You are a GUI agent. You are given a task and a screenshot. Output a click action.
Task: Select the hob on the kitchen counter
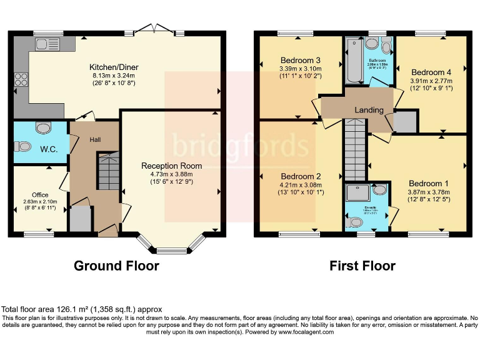(x=21, y=79)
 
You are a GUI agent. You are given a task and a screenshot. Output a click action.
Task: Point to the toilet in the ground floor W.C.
(x=23, y=147)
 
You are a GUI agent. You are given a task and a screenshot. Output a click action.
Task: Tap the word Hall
(x=94, y=139)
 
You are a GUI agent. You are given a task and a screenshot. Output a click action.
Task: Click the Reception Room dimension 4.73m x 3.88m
(x=171, y=174)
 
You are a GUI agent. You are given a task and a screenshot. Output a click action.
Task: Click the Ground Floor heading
(x=116, y=266)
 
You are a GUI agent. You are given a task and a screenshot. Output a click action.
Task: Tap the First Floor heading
(x=362, y=266)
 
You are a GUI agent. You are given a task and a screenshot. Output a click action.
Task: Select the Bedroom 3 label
(x=301, y=60)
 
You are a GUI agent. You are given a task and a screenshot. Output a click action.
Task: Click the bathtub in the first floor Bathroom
(x=353, y=61)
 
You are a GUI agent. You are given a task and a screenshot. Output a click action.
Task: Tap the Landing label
(x=369, y=110)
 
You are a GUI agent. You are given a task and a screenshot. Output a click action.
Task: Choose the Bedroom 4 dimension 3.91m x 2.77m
(x=431, y=80)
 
